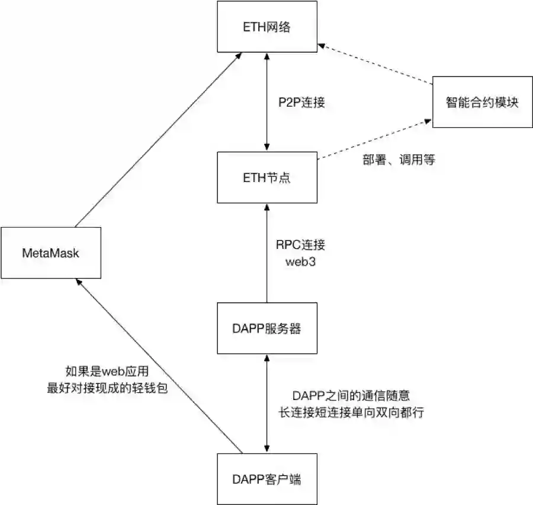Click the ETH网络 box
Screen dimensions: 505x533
268,27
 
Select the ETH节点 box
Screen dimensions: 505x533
268,177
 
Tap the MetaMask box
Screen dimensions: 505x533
50,253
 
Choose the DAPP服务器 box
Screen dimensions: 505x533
268,328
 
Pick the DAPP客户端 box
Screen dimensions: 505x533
268,478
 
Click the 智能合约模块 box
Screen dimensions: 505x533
482,102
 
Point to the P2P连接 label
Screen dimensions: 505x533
303,102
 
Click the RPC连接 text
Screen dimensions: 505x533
300,244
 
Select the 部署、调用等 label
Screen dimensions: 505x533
399,159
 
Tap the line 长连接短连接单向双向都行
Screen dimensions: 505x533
352,412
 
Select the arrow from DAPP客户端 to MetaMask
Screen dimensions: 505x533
160,367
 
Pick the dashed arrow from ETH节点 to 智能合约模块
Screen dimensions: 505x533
373,140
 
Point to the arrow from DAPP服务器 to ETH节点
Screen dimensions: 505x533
268,252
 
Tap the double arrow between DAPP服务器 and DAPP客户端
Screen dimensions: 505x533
268,403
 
